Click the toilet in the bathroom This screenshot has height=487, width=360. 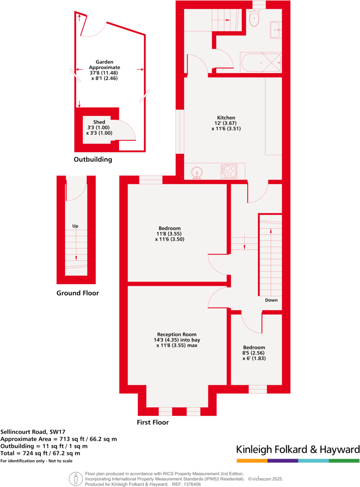pyautogui.click(x=254, y=18)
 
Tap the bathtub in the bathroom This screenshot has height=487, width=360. pyautogui.click(x=261, y=62)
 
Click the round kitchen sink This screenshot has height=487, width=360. pyautogui.click(x=198, y=171)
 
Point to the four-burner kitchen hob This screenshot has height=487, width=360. pyautogui.click(x=229, y=171)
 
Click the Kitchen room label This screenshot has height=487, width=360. pyautogui.click(x=226, y=117)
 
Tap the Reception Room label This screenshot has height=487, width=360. pyautogui.click(x=177, y=334)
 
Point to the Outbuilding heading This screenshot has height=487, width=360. pyautogui.click(x=93, y=159)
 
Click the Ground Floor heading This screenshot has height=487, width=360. pyautogui.click(x=78, y=293)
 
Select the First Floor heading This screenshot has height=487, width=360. pyautogui.click(x=153, y=422)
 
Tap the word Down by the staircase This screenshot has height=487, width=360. pyautogui.click(x=271, y=300)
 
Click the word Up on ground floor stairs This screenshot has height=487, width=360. pyautogui.click(x=75, y=226)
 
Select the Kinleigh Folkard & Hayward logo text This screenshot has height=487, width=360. pyautogui.click(x=298, y=450)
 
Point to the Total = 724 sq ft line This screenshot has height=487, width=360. pyautogui.click(x=41, y=453)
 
